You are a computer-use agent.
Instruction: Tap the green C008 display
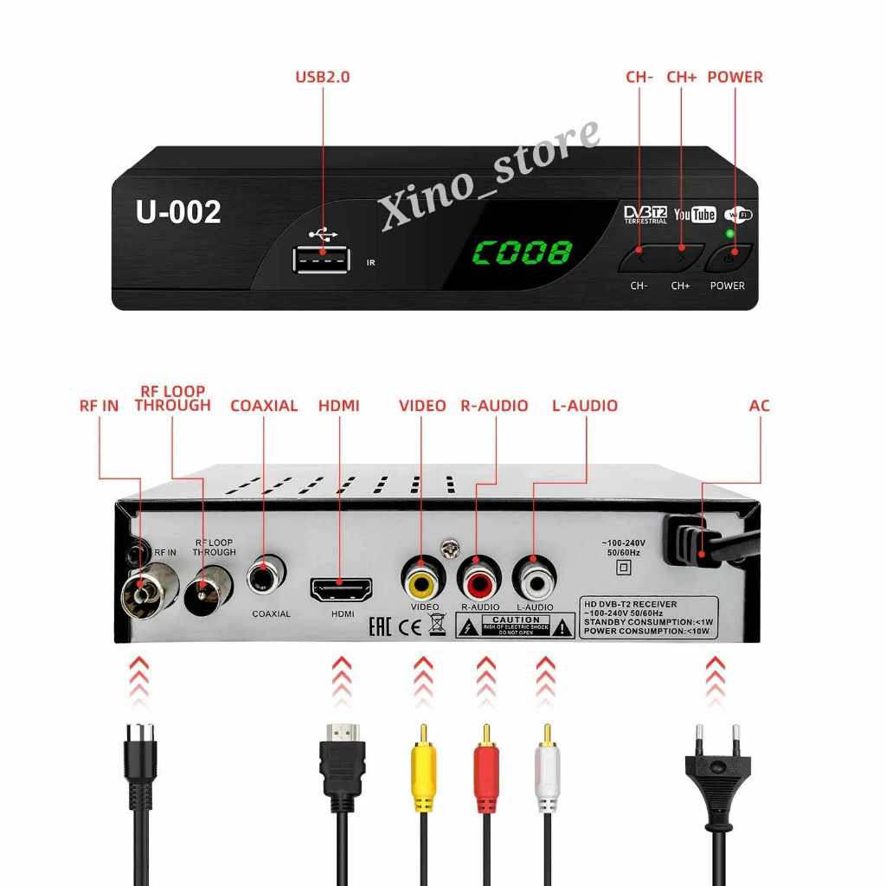click(521, 253)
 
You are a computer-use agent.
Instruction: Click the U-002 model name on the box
click(178, 212)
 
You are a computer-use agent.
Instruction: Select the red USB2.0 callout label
click(322, 77)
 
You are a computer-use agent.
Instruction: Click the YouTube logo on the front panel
click(695, 214)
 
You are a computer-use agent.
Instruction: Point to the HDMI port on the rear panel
click(341, 591)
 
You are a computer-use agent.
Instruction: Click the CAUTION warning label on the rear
click(516, 626)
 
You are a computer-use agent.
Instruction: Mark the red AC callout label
click(760, 405)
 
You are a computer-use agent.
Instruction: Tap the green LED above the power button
click(730, 233)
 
